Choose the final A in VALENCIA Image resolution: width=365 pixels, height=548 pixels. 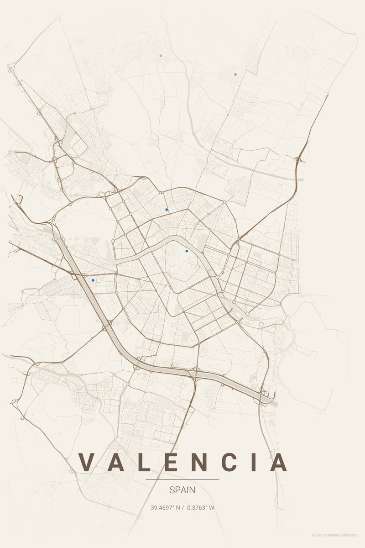pyautogui.click(x=278, y=462)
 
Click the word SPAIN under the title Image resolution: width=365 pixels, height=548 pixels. pyautogui.click(x=182, y=490)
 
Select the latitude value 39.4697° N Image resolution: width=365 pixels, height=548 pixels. pyautogui.click(x=166, y=507)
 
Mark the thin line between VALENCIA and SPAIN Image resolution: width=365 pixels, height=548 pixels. pyautogui.click(x=182, y=479)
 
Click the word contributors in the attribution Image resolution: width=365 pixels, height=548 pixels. pyautogui.click(x=349, y=535)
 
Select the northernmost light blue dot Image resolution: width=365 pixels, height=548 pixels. pyautogui.click(x=161, y=56)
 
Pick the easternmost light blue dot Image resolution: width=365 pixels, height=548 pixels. pyautogui.click(x=235, y=74)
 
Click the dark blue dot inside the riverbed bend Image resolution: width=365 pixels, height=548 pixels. pyautogui.click(x=187, y=251)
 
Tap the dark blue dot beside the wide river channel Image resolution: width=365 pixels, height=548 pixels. pyautogui.click(x=93, y=280)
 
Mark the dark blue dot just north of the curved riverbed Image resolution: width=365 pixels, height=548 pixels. pyautogui.click(x=167, y=209)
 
